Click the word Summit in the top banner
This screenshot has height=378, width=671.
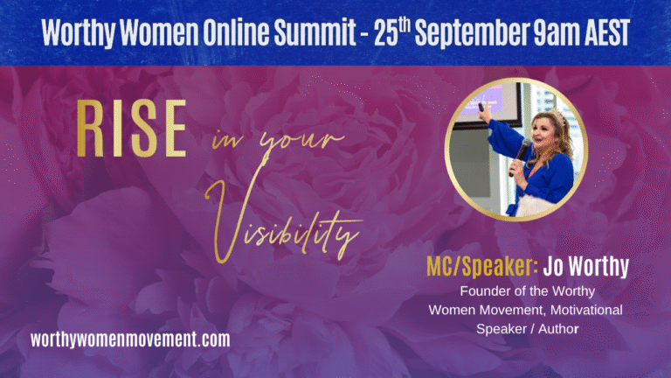(315, 32)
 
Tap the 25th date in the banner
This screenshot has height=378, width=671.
(392, 31)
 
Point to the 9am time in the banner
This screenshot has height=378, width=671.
(555, 33)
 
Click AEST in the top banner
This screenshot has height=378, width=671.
(605, 32)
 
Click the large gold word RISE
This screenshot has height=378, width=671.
(131, 128)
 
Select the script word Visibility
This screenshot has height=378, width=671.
(283, 220)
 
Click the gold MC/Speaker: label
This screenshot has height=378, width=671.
(482, 267)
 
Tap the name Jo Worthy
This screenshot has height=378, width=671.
(586, 267)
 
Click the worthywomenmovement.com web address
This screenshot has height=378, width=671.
(130, 339)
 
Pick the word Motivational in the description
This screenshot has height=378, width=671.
(586, 310)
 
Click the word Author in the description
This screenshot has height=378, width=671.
(558, 329)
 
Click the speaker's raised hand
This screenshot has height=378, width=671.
(484, 112)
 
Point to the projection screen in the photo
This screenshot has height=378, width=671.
(487, 101)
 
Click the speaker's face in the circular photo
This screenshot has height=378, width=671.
(543, 133)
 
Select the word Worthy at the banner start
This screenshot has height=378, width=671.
(79, 33)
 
